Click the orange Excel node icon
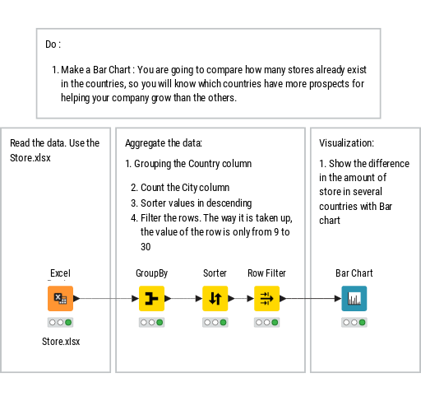click(x=60, y=298)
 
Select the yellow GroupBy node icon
click(x=151, y=298)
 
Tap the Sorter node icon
click(x=215, y=298)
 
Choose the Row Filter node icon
click(x=266, y=298)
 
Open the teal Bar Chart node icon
click(x=354, y=298)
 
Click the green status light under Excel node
click(x=68, y=323)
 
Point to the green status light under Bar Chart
click(x=362, y=323)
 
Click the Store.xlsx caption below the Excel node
click(x=61, y=342)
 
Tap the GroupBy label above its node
click(x=151, y=273)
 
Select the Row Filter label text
click(x=266, y=273)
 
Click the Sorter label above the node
click(x=215, y=273)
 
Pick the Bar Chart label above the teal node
click(x=354, y=273)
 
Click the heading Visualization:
click(x=346, y=143)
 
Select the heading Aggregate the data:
click(x=164, y=143)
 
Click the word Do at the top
click(x=51, y=44)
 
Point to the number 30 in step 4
click(x=146, y=247)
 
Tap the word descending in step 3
click(x=229, y=203)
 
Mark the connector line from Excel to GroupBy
click(x=106, y=298)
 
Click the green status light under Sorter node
click(x=223, y=323)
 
